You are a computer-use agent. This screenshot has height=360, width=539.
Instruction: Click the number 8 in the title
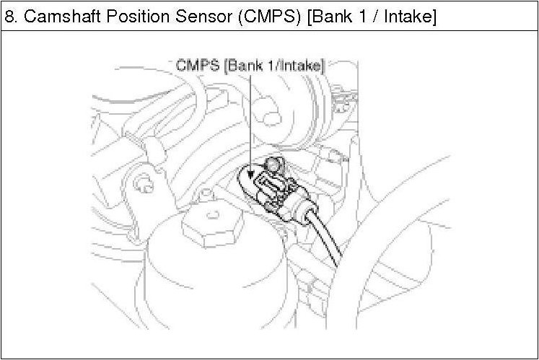(9, 16)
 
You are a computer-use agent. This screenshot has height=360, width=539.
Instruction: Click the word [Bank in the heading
(329, 17)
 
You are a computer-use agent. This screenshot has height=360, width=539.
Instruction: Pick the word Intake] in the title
(410, 17)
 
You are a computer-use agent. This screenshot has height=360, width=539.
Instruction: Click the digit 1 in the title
(362, 16)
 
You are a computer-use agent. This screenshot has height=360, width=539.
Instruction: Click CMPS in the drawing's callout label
(198, 66)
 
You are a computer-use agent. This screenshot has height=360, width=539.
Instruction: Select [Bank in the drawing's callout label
(244, 66)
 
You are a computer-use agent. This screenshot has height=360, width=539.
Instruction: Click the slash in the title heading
(375, 16)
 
